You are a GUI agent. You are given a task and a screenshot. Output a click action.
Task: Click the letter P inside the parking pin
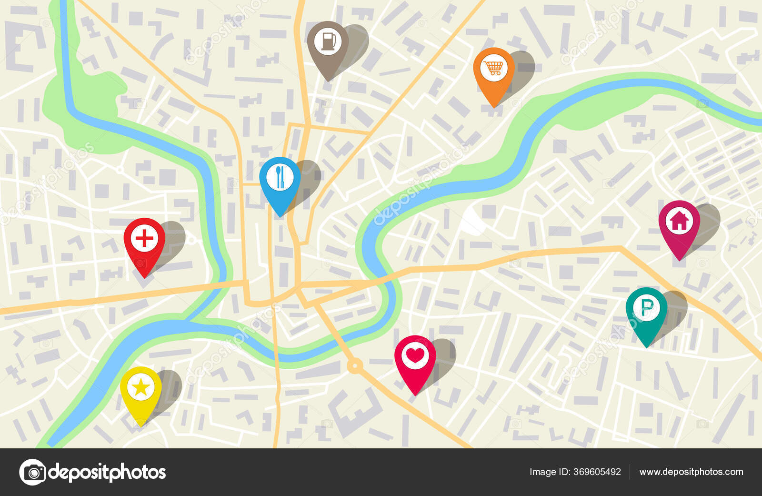[x=647, y=308]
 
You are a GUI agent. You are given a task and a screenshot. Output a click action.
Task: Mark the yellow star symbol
[x=140, y=387]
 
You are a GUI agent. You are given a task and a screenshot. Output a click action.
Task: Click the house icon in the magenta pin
[x=679, y=221]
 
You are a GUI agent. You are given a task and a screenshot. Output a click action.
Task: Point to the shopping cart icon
[x=494, y=68]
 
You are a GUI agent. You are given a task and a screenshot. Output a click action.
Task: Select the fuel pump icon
[x=328, y=41]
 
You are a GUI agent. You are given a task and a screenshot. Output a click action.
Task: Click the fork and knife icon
[x=280, y=177]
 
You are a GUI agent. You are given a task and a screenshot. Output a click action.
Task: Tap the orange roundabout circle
[x=354, y=366]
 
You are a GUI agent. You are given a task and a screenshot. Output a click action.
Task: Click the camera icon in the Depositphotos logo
[x=32, y=472]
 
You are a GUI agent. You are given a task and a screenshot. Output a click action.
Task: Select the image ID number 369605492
[x=597, y=472]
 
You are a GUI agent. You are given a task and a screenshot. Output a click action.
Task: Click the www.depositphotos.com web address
[x=691, y=472]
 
